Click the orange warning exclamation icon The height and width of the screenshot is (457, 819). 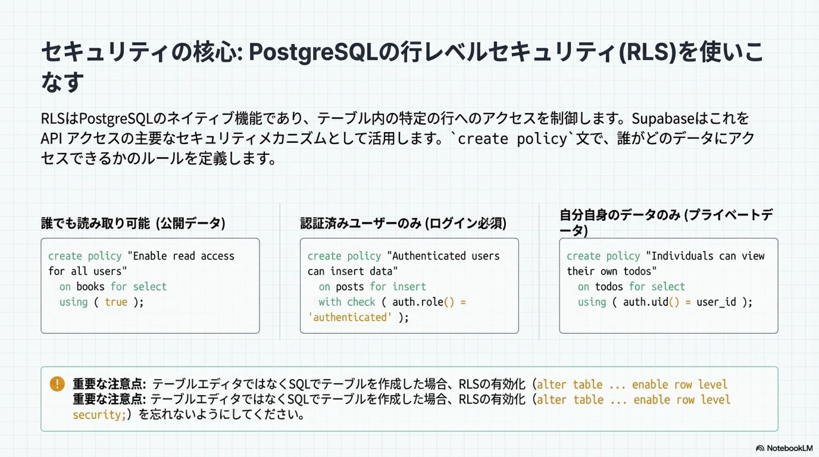click(x=57, y=384)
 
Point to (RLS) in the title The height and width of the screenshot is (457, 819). click(x=648, y=52)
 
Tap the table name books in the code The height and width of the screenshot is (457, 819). click(x=90, y=286)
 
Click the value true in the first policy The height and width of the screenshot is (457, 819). click(x=116, y=302)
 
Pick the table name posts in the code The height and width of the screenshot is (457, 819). click(x=350, y=286)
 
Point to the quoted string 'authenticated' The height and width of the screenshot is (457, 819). click(x=350, y=317)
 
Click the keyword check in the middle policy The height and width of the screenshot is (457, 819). click(x=361, y=302)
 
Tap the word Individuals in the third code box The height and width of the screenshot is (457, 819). click(x=682, y=256)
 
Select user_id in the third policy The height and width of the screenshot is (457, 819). click(x=716, y=302)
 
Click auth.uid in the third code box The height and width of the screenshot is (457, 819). click(x=645, y=302)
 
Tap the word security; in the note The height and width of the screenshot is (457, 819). click(x=99, y=414)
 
